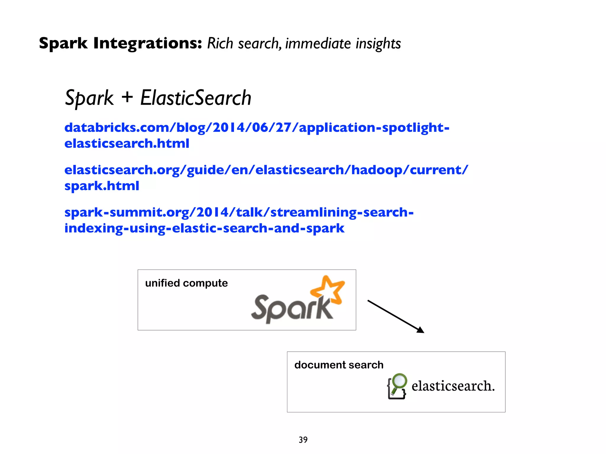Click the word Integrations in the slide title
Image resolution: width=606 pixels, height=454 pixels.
click(147, 43)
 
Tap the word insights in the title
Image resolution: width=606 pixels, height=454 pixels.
click(378, 43)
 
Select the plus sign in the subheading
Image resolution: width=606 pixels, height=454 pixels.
click(127, 97)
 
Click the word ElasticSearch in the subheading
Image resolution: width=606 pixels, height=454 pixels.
click(196, 98)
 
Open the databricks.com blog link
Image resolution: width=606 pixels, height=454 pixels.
click(257, 128)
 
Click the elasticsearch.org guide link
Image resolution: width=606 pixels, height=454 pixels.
click(266, 170)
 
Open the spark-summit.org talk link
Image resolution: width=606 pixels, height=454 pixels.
click(239, 212)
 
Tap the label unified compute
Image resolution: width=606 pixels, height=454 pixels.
click(186, 283)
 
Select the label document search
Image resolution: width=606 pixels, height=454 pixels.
click(339, 365)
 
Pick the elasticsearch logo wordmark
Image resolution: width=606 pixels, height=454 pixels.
click(453, 386)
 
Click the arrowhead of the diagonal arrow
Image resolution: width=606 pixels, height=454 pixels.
click(420, 330)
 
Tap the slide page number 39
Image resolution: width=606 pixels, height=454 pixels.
click(303, 440)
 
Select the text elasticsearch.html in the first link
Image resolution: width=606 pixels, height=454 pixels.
click(127, 144)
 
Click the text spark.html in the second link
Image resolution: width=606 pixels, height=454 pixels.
click(102, 186)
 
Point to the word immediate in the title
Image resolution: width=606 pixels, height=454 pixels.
click(318, 43)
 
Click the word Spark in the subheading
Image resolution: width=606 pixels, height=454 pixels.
click(89, 98)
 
